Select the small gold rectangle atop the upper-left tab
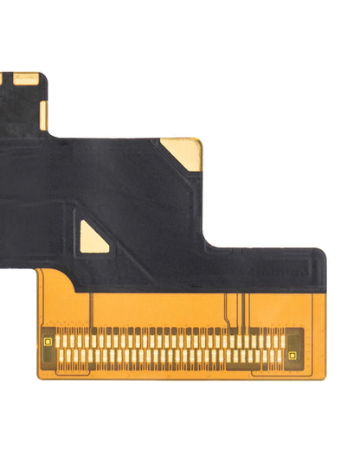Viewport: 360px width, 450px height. [26, 78]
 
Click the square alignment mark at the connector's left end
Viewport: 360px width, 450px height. [48, 341]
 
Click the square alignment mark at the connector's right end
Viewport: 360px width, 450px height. [293, 355]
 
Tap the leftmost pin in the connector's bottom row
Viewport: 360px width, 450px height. [61, 356]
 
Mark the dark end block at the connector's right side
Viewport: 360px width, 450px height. [294, 347]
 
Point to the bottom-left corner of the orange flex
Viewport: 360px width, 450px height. [40, 377]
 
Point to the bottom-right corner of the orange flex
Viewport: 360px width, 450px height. [325, 377]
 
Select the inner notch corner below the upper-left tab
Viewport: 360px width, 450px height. [50, 132]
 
